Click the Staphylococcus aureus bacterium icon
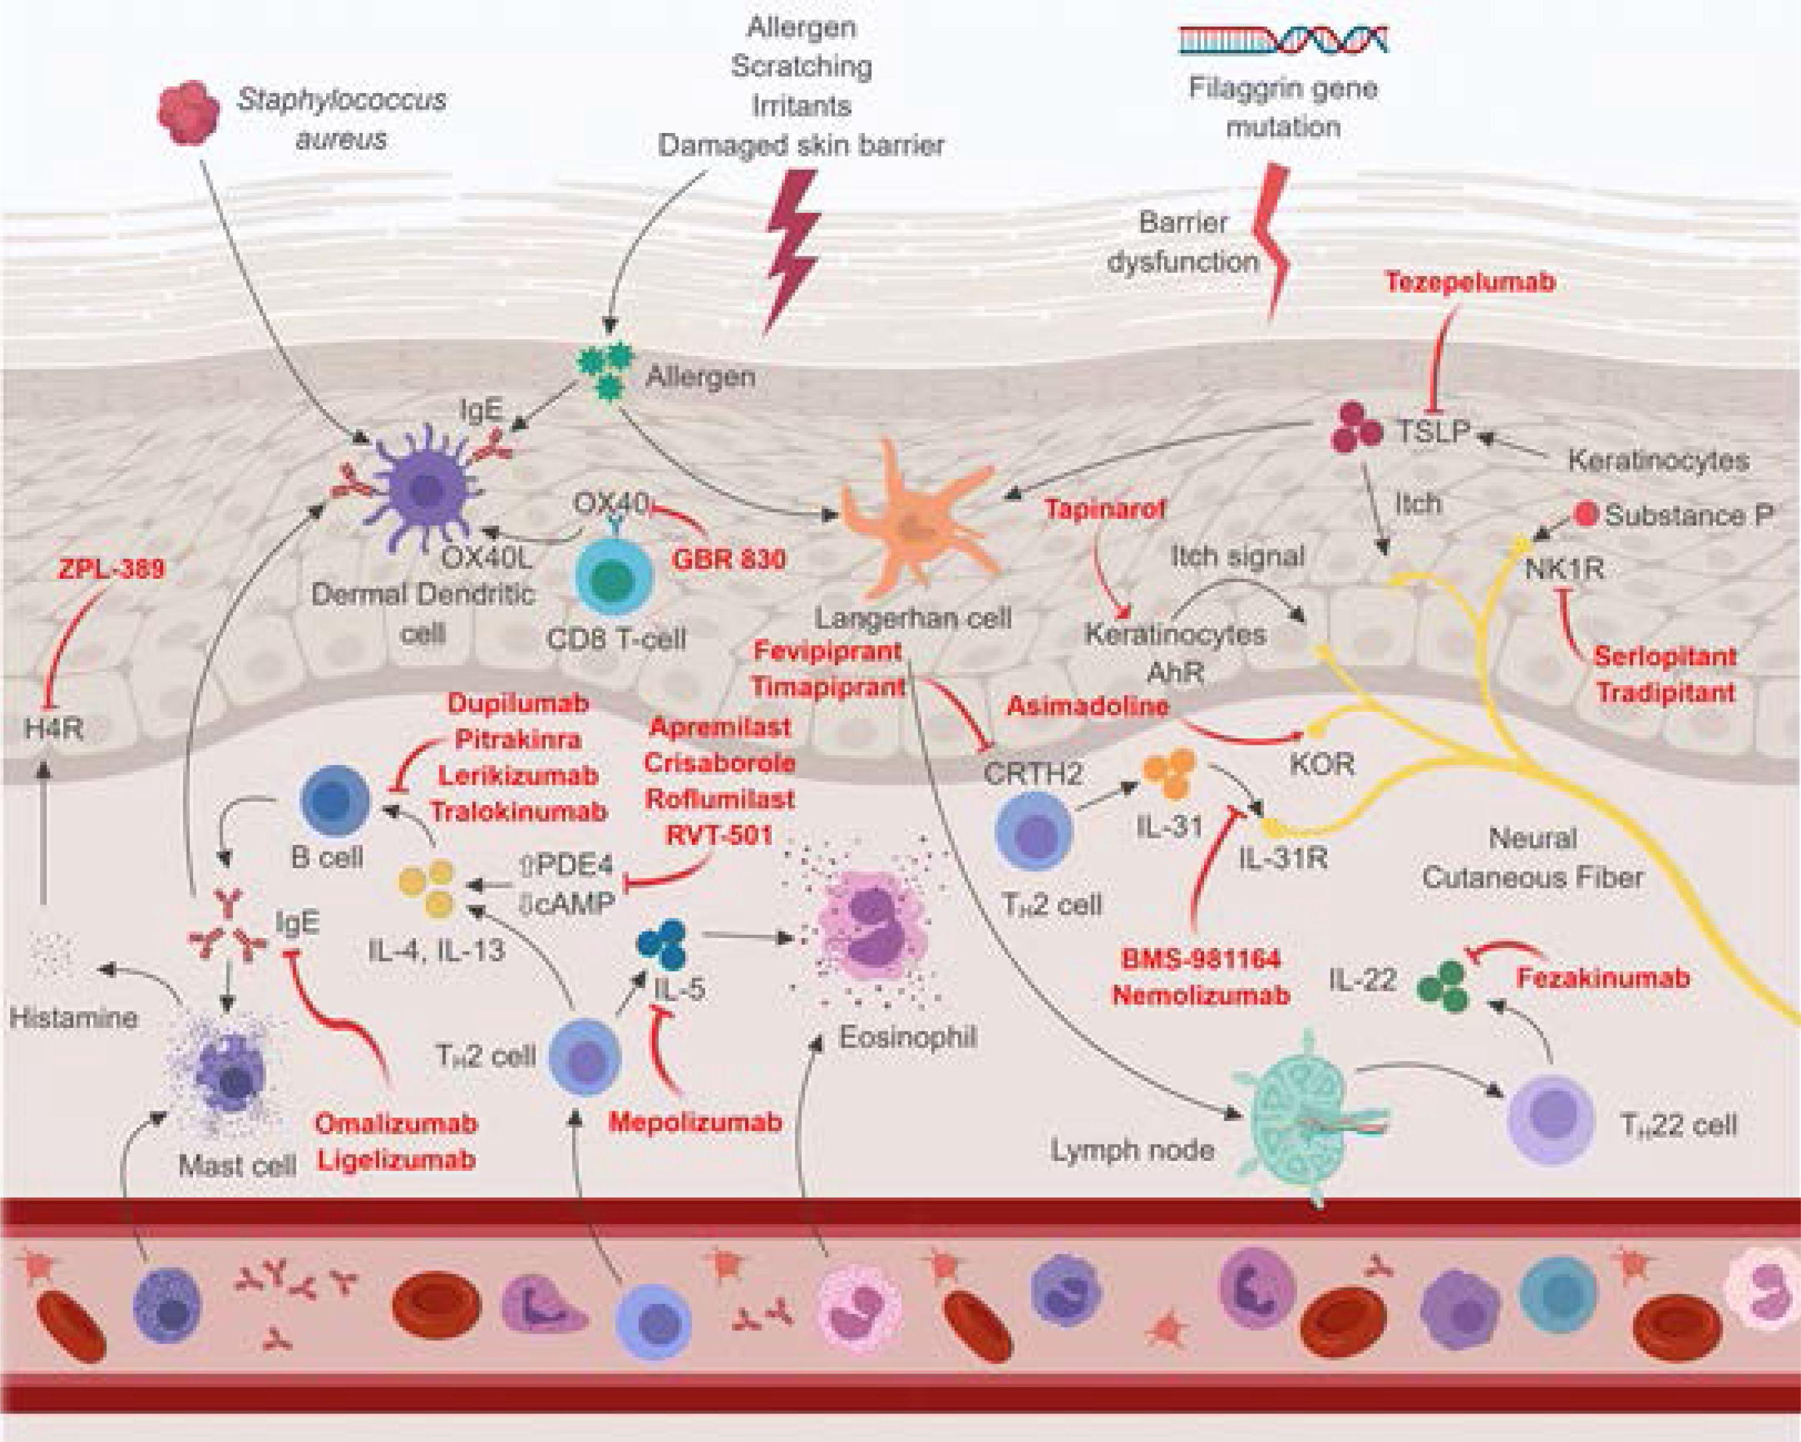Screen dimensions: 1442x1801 [189, 112]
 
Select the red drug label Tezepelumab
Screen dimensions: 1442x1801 [1470, 282]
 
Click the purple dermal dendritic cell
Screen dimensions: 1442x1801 [422, 492]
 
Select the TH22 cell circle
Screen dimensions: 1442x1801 [1550, 1120]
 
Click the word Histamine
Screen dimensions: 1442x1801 [73, 1018]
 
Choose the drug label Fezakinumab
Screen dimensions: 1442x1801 [1603, 978]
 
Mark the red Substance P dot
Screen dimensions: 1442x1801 [1586, 515]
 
